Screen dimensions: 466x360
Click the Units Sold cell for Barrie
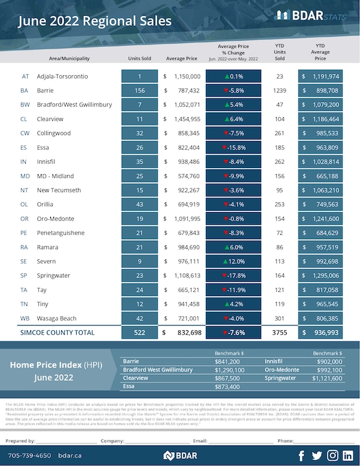(139, 91)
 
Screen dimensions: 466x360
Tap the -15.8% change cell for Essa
(233, 147)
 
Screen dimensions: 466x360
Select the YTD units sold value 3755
(279, 332)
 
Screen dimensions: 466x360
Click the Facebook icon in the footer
(302, 455)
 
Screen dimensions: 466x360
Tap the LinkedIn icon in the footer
(347, 455)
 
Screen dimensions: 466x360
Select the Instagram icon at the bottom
(332, 455)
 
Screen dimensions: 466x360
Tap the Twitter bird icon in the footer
(317, 455)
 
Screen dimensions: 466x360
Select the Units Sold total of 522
(139, 332)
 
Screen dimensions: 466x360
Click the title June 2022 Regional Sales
(94, 22)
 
